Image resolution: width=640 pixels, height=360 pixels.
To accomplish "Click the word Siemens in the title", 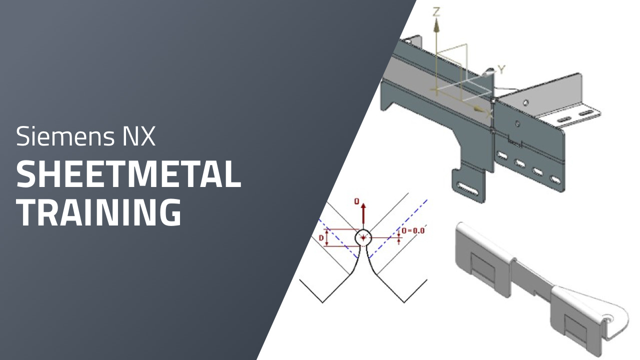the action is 65,136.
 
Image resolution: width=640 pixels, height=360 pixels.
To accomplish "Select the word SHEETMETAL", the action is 128,174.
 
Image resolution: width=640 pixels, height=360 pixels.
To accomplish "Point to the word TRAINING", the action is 99,212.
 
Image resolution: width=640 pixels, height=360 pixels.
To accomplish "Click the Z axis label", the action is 436,12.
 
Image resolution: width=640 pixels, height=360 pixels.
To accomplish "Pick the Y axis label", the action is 501,69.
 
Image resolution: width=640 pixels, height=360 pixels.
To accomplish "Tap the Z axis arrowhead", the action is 436,25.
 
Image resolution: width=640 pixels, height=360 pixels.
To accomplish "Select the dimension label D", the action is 321,237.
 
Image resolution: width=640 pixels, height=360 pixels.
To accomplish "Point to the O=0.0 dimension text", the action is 413,230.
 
